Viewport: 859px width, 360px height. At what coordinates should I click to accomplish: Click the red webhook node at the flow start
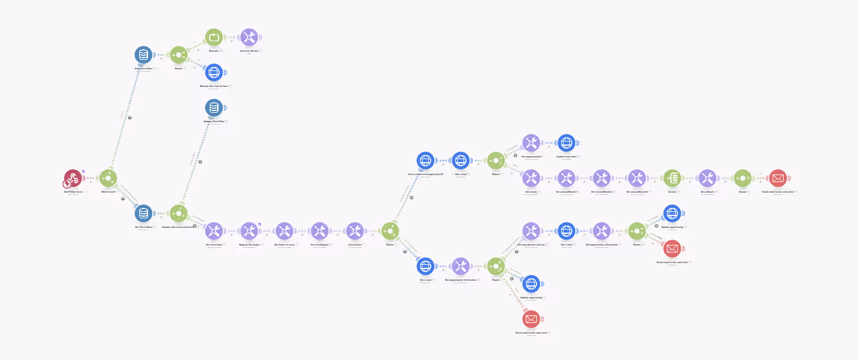(73, 178)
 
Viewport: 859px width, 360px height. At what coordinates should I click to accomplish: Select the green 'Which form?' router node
(108, 178)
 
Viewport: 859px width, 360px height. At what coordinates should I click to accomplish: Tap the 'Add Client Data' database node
(143, 55)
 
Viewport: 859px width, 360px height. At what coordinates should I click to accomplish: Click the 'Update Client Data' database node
(214, 108)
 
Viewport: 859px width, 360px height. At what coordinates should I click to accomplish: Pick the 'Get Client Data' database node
(143, 213)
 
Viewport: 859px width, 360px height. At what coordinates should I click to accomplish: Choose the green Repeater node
(214, 38)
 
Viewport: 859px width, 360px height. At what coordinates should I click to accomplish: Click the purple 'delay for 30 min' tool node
(249, 38)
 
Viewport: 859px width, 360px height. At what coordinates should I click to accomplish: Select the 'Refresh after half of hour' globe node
(214, 73)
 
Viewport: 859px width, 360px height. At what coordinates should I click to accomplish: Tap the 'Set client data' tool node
(214, 231)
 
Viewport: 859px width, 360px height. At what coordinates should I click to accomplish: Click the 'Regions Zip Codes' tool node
(249, 231)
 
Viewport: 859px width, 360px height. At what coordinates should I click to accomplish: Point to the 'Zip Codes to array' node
(284, 231)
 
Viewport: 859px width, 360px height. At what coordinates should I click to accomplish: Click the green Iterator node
(672, 178)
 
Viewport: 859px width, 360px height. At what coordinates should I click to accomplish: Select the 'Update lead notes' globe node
(566, 143)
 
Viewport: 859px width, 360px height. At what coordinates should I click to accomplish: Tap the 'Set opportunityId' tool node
(531, 143)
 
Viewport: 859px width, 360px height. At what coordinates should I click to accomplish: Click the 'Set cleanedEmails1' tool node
(566, 178)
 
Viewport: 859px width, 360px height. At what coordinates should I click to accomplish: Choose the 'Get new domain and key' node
(531, 231)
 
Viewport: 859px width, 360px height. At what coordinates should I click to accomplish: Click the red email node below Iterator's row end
(672, 248)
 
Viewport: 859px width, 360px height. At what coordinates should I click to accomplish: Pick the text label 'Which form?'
(108, 192)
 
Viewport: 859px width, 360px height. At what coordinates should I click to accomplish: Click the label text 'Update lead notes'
(566, 157)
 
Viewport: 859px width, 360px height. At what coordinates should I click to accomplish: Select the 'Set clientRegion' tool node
(320, 231)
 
